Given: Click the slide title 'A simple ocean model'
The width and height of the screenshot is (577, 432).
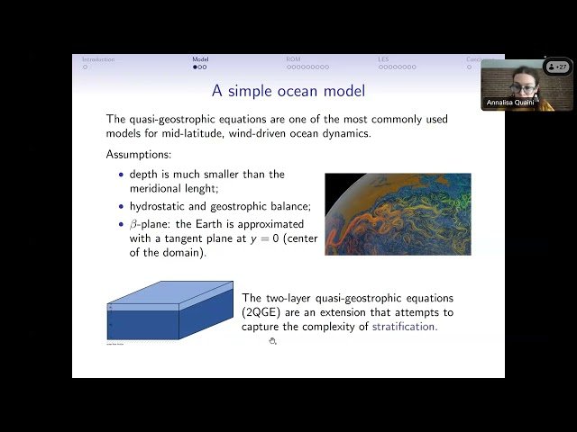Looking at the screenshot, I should click(288, 91).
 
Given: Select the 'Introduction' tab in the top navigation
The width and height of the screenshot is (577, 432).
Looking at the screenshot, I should click(98, 59).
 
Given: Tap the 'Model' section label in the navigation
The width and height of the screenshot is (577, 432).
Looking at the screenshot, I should click(200, 59).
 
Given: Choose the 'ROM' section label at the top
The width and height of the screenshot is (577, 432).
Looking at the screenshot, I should click(293, 59).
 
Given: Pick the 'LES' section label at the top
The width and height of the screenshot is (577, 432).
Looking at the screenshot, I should click(384, 59).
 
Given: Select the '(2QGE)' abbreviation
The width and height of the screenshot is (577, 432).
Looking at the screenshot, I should click(261, 312).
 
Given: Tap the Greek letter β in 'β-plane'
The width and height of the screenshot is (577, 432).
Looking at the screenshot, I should click(133, 224).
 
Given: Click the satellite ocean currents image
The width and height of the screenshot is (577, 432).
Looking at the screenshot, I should click(398, 213).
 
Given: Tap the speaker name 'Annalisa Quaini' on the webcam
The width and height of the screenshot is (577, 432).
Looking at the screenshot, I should click(509, 103).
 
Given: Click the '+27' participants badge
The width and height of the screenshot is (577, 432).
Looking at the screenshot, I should click(557, 67).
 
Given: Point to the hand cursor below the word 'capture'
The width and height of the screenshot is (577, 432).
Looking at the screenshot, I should click(272, 341).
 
